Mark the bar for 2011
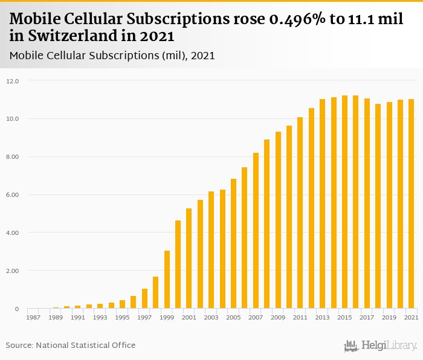click(300, 213)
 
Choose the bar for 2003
click(211, 250)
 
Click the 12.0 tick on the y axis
click(13, 81)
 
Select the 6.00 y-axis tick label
click(13, 195)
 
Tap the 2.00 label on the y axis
click(13, 271)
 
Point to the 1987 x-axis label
click(33, 317)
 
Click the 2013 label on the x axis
click(322, 317)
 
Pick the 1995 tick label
click(123, 317)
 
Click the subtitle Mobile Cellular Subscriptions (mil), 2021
click(112, 56)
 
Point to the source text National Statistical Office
click(86, 346)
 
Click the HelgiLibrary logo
click(381, 346)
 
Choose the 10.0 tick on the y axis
click(13, 119)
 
